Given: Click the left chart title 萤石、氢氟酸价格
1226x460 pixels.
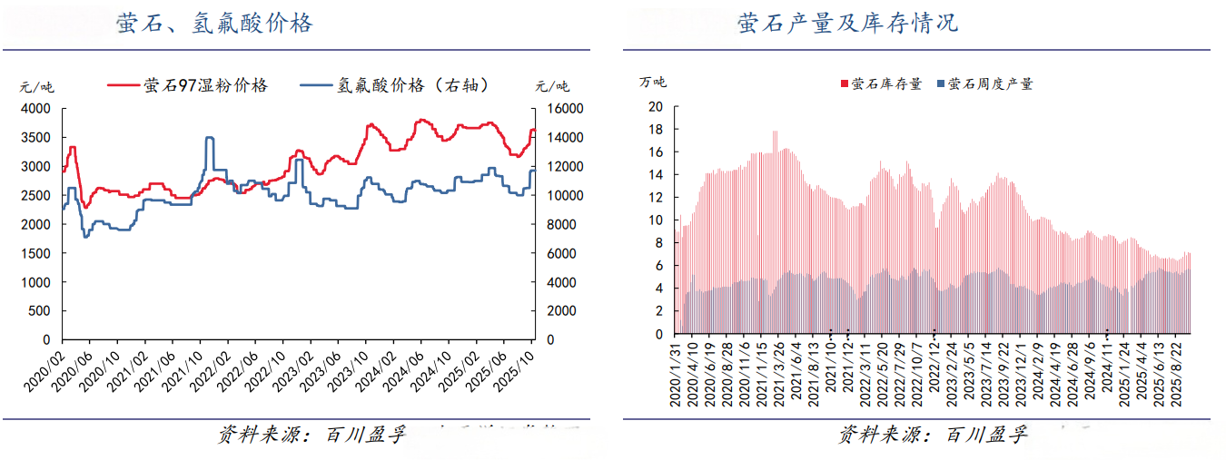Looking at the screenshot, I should pos(214,24).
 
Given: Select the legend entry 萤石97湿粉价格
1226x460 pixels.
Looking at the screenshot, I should pos(205,85).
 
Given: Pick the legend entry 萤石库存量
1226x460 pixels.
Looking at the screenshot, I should pos(885,84).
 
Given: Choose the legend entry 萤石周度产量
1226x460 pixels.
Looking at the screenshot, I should pos(990,84).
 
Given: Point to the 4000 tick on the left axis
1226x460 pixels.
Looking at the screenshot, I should pos(35,109).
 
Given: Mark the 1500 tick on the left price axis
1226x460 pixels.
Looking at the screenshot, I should pos(35,253).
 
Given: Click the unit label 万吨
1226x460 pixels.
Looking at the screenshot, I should pos(652,83).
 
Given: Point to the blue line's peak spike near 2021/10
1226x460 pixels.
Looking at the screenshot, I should pos(210,138).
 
